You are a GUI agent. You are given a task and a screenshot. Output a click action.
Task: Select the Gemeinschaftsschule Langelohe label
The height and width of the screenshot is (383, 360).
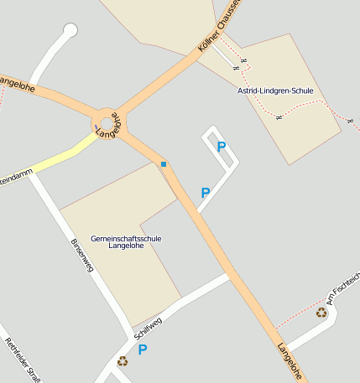coord(126,242)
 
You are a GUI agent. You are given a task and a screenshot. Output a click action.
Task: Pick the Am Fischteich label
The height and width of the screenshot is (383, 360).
coord(343,289)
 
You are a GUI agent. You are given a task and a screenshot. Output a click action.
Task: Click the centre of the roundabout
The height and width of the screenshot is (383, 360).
coord(107,125)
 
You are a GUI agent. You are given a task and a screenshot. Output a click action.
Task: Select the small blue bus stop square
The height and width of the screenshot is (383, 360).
coord(164,164)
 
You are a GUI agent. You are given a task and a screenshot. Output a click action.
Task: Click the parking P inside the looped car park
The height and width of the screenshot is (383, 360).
coord(222,147)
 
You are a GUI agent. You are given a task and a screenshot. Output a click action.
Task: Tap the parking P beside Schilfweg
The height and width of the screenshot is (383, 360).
coord(143,349)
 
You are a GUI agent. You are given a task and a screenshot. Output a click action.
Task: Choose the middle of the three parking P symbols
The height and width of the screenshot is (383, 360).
coord(205,193)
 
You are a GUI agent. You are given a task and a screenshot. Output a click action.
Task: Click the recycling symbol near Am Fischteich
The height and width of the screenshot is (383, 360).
coord(321,313)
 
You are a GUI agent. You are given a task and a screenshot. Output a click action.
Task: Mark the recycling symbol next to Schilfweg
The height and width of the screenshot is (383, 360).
coord(123,361)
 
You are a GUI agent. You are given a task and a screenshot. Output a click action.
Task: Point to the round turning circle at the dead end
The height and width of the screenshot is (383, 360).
coord(70,31)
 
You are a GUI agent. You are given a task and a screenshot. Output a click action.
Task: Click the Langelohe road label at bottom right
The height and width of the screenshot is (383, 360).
coord(290,361)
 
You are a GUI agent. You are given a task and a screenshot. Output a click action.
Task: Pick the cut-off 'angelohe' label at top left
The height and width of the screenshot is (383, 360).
coord(17,83)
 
